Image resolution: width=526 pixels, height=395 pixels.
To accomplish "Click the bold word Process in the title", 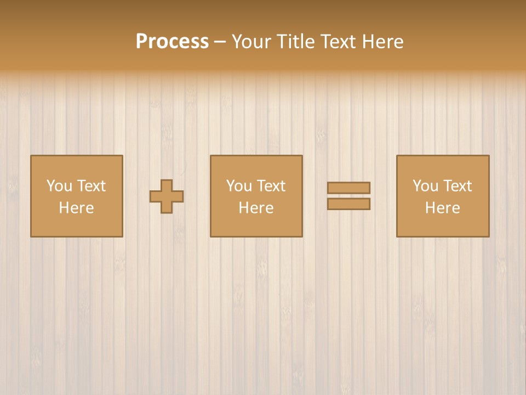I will pos(172,42).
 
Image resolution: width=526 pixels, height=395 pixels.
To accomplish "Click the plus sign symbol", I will pos(167,196).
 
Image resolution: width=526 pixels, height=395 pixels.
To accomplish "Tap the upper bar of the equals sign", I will pos(348,188).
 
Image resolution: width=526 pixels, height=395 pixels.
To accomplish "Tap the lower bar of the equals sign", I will pos(348,204).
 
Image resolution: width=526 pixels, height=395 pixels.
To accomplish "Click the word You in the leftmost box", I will pos(59,186).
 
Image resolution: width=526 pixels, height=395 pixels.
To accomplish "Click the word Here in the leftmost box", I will pos(77,208).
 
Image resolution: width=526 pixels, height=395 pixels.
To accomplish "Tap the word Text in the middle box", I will pos(271,186).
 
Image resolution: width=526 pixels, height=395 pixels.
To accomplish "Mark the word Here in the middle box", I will pos(256,208).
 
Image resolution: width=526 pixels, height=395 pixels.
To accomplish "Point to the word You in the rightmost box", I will pos(425,186).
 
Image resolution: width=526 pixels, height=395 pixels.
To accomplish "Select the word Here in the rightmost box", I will pos(443,208).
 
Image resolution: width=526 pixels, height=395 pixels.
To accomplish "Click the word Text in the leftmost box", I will pos(92,186).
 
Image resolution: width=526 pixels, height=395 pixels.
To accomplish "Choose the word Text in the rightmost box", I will pos(458,186).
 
